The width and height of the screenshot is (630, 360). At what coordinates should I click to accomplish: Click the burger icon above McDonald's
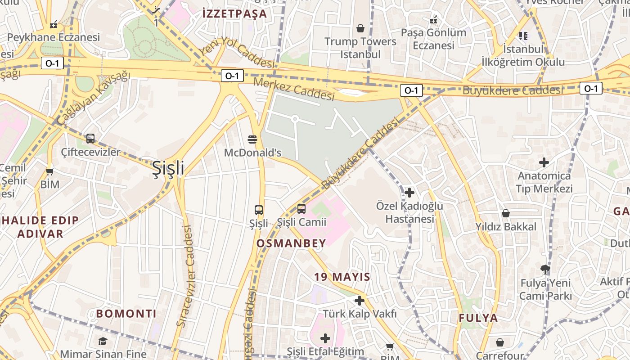coord(252,139)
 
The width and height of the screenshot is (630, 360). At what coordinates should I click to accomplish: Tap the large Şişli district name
coord(168,168)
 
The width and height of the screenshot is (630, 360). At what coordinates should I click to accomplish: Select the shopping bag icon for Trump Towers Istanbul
coord(360,28)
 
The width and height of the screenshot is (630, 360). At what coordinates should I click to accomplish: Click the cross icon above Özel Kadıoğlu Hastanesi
coord(409,193)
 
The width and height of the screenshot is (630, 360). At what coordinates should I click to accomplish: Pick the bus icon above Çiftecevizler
coord(90,139)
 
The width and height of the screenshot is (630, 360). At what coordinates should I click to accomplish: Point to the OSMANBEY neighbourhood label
coord(291,243)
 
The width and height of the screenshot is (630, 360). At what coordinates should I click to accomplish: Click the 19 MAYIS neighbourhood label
coord(342,277)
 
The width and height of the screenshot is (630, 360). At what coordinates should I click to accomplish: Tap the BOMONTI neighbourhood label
coord(126,314)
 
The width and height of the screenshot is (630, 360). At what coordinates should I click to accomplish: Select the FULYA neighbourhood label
coord(478,318)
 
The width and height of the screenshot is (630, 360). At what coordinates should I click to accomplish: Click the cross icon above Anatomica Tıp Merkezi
coord(544,162)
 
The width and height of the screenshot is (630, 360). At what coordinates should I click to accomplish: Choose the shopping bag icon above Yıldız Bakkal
coord(506,213)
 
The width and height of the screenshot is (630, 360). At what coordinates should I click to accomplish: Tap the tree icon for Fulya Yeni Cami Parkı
coord(545,270)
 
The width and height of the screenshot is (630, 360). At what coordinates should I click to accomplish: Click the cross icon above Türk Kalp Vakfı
coord(359,300)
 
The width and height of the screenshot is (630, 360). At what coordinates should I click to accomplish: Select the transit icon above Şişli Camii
coord(301,209)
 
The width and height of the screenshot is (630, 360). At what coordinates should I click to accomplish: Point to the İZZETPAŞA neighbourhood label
coord(235,14)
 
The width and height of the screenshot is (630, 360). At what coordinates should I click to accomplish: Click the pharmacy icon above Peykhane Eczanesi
coord(54,24)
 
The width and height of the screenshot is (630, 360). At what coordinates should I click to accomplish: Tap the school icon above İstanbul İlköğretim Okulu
coord(523,35)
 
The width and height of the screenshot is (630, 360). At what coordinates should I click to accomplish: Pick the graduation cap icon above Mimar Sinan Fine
coord(103,341)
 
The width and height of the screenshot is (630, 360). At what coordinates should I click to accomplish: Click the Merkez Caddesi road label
coord(294,89)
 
